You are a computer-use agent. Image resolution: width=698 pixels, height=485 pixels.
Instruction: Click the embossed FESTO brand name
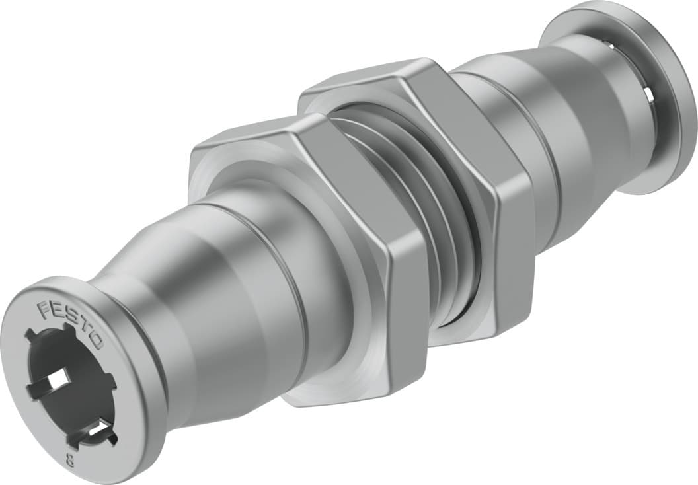(x=70, y=324)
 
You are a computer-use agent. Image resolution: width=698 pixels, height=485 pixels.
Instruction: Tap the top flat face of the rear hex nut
(x=364, y=83)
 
